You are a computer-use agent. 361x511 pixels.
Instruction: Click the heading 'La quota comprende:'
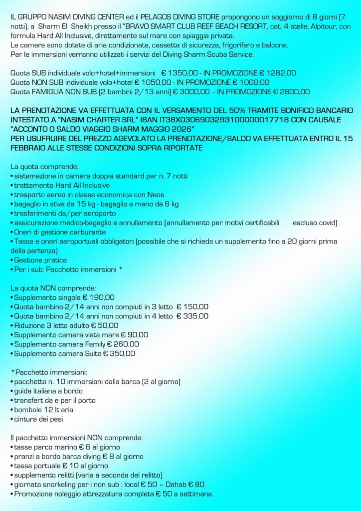click(x=44, y=166)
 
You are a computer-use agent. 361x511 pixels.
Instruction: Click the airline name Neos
click(x=155, y=195)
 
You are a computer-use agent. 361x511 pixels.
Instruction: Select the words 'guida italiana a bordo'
click(x=48, y=391)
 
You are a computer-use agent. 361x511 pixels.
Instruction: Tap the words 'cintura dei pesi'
click(x=39, y=419)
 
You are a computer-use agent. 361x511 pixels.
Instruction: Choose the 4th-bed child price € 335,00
click(x=192, y=316)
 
